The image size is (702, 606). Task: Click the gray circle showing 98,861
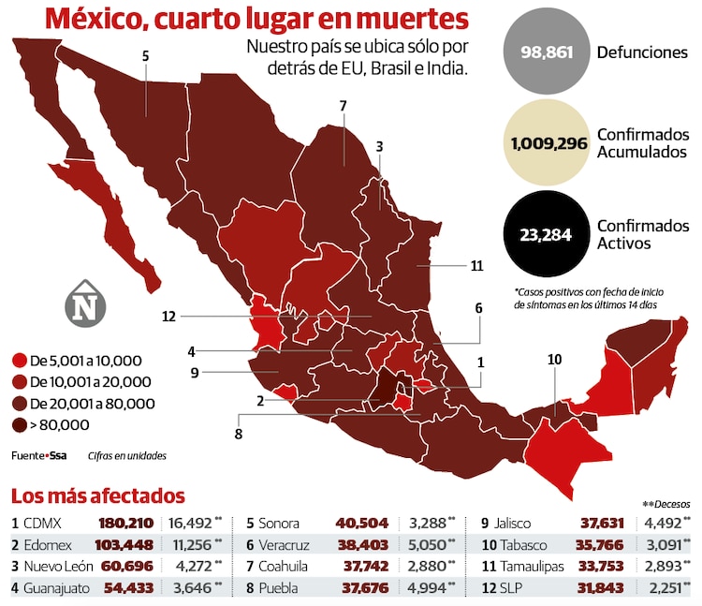[546, 52]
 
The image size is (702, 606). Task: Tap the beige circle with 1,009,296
[546, 143]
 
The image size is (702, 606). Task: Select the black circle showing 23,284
[546, 234]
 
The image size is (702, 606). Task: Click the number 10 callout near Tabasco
[554, 359]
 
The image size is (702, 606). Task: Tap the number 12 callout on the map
[168, 317]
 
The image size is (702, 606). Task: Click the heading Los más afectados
[97, 496]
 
